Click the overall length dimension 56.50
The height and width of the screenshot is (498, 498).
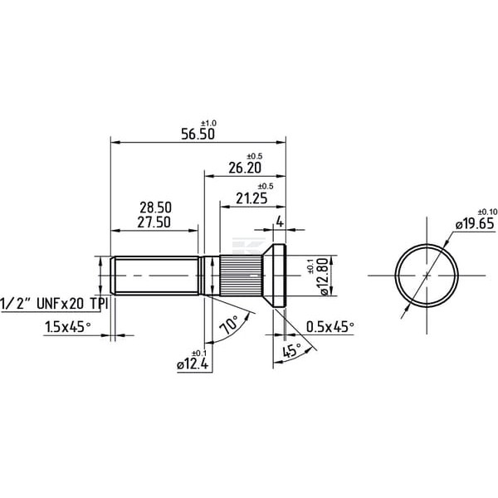198,134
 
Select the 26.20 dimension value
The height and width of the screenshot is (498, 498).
245,168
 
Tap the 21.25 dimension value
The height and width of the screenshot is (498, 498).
251,199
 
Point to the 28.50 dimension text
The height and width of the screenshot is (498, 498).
156,207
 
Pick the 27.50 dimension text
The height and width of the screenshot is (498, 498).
154,222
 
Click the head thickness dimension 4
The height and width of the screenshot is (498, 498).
280,222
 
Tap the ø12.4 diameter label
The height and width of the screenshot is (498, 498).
193,364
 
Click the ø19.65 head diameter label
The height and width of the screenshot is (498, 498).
475,224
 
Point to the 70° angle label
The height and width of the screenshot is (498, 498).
230,325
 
